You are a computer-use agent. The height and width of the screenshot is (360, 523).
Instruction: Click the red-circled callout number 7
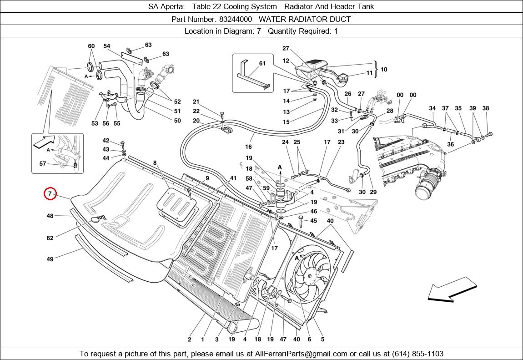50,194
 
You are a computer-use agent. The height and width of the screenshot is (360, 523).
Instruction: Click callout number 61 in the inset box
262,63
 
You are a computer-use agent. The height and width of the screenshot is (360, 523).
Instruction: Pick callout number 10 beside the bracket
384,69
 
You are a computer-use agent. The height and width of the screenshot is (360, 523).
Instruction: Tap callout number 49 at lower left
50,259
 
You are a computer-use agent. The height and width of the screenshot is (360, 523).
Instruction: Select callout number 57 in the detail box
43,164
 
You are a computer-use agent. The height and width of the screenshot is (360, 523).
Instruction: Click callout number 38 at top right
486,108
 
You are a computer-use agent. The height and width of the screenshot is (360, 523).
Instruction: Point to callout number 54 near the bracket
107,46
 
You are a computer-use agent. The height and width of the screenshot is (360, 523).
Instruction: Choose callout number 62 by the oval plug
50,238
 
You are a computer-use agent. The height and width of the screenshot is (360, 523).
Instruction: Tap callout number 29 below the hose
373,192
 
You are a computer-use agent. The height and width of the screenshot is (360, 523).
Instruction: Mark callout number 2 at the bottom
190,339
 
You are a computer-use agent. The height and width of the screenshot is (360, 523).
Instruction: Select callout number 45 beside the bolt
314,221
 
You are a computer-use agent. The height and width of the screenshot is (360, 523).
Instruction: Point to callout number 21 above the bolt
196,101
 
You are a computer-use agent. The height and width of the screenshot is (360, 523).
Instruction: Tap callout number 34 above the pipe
432,108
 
